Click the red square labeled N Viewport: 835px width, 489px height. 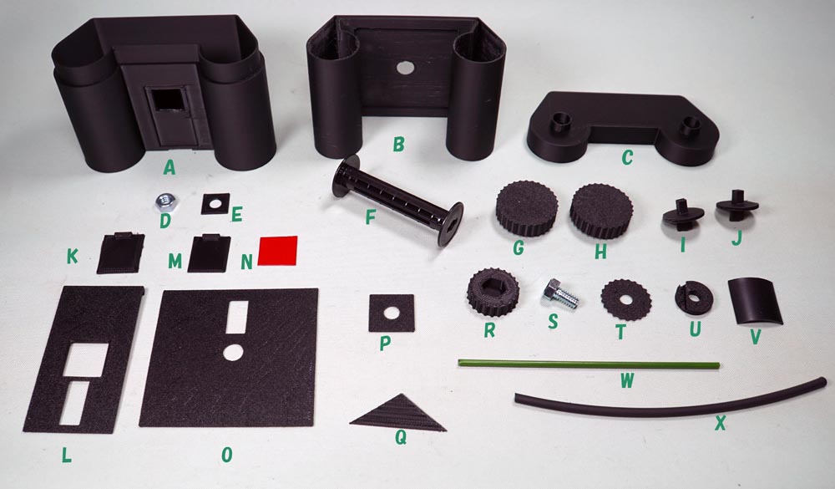(277, 251)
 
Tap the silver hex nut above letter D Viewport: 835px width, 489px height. (166, 201)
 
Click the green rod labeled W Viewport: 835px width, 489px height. (589, 364)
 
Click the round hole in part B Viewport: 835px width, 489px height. (405, 67)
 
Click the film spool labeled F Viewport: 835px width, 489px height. (397, 201)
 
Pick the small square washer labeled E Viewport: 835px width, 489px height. (215, 204)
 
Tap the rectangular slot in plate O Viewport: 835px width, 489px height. (237, 317)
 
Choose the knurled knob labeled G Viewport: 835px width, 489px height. (527, 207)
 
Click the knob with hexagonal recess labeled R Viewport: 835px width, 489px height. (493, 293)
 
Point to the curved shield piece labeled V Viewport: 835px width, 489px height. (755, 301)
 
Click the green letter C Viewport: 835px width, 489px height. (627, 157)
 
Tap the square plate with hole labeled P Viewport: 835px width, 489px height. (392, 313)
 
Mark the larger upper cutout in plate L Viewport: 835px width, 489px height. (86, 359)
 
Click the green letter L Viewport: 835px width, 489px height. (66, 455)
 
